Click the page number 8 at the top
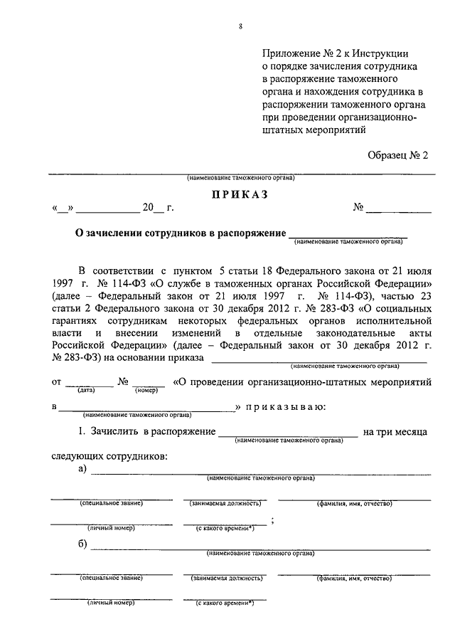pyautogui.click(x=240, y=27)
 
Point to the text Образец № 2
pyautogui.click(x=399, y=154)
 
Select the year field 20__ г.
pyautogui.click(x=157, y=208)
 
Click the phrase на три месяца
pyautogui.click(x=395, y=431)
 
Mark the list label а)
pyautogui.click(x=83, y=468)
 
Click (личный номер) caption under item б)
pyautogui.click(x=111, y=603)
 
